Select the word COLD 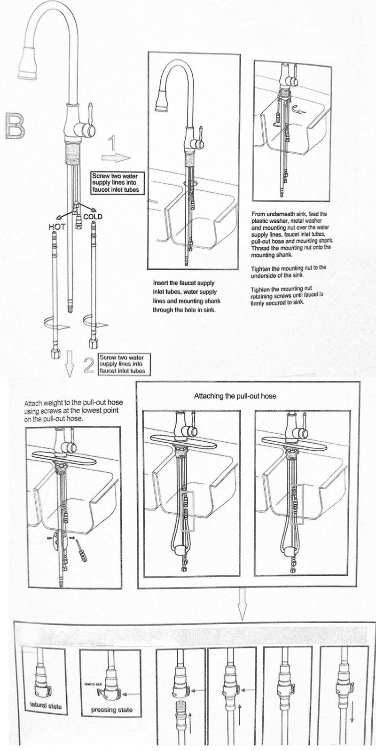(93, 217)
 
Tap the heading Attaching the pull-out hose (235, 396)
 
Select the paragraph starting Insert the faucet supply (184, 296)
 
